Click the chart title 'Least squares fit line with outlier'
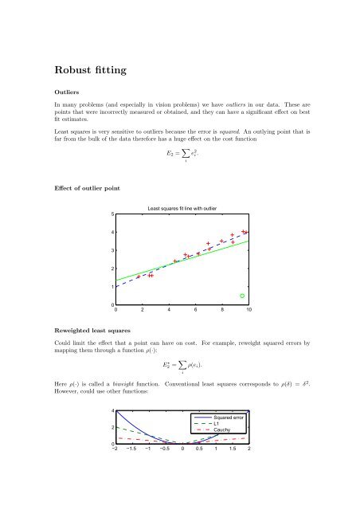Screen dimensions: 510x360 [x=183, y=209]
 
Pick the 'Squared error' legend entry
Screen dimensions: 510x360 [x=229, y=417]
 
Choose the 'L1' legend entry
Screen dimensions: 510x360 [x=217, y=423]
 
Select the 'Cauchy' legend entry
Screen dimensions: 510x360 [x=222, y=430]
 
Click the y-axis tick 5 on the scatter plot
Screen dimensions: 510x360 [x=112, y=214]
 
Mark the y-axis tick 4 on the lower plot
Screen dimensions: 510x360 [x=112, y=411]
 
